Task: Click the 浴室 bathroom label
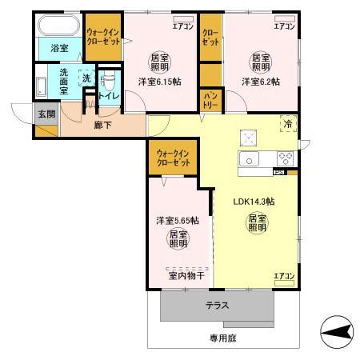[x=59, y=48]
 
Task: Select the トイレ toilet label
[x=110, y=96]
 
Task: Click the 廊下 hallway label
[x=102, y=126]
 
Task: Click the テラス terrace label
[x=218, y=306]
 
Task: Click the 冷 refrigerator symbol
[x=286, y=122]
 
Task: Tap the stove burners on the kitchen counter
[x=285, y=157]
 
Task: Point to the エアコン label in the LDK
[x=284, y=276]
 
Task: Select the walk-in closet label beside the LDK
[x=174, y=157]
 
